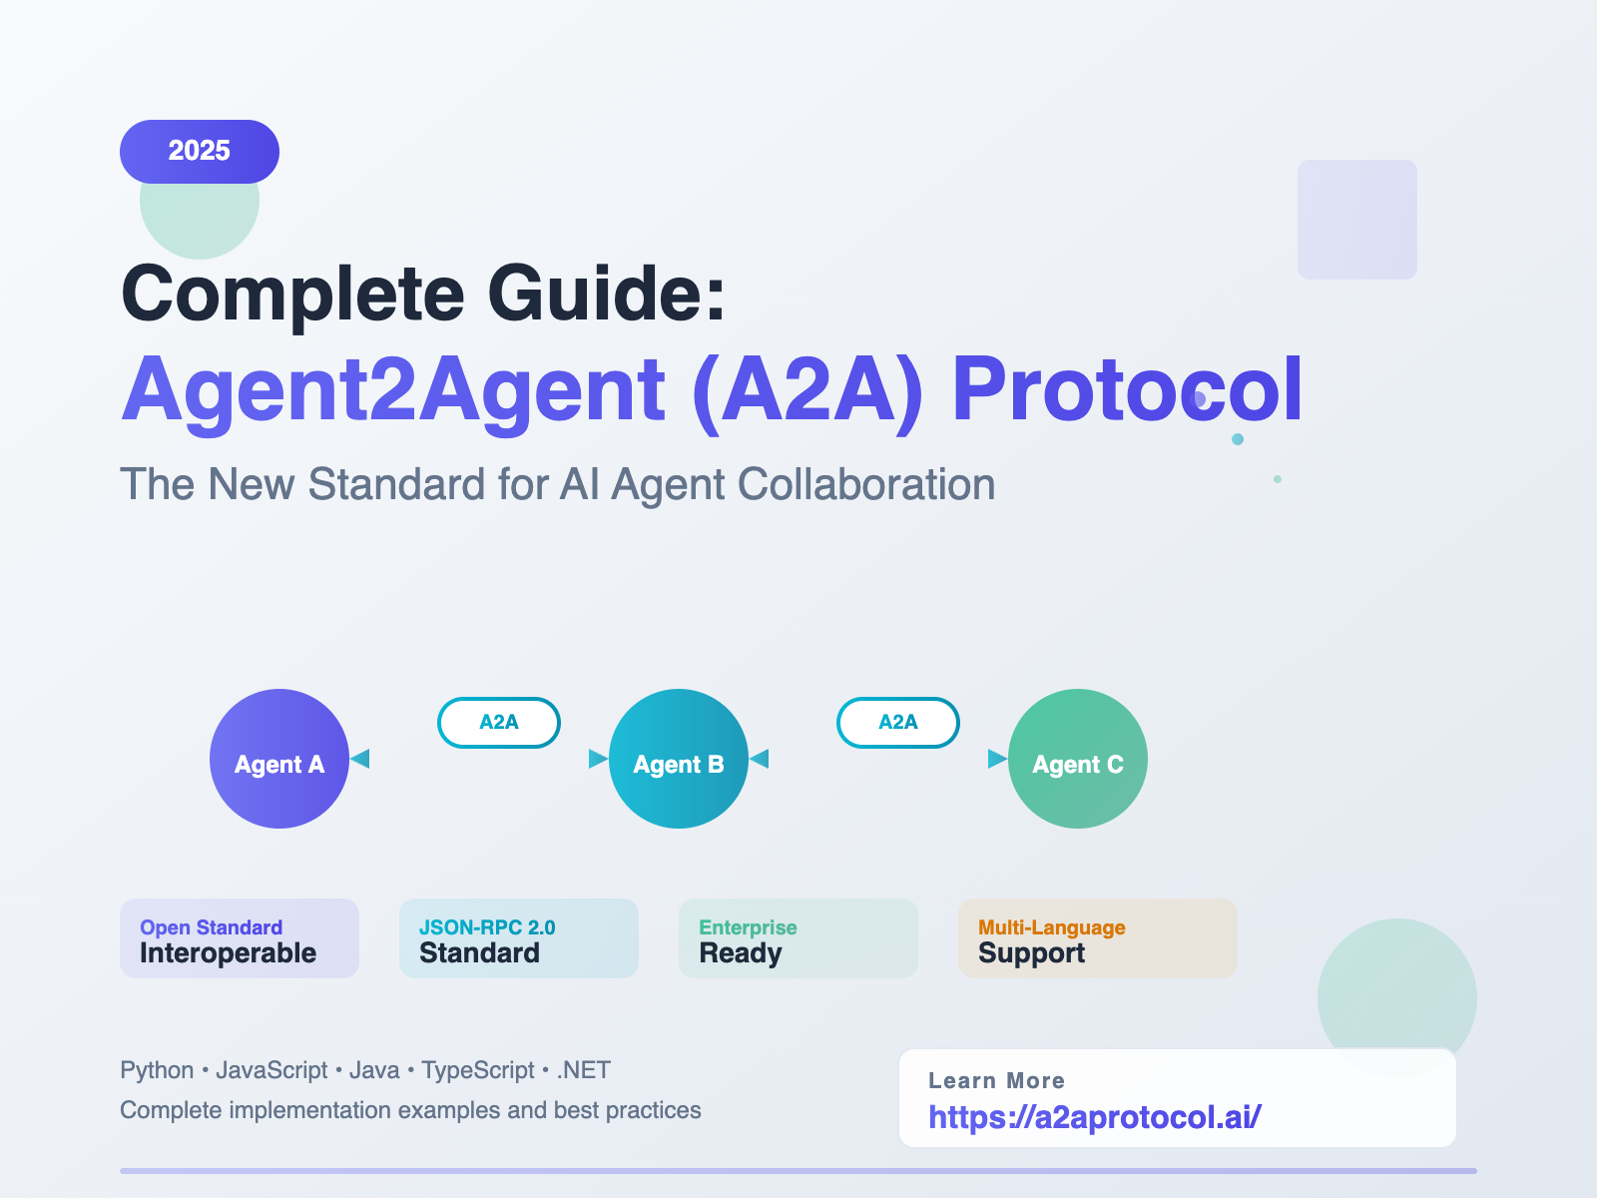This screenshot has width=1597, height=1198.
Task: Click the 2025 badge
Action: pyautogui.click(x=200, y=151)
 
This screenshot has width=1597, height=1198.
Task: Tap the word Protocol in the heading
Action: pyautogui.click(x=1127, y=390)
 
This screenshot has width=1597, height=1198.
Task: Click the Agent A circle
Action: pyautogui.click(x=279, y=759)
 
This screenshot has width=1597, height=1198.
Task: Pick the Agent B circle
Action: pyautogui.click(x=679, y=759)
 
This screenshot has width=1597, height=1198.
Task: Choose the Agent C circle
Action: pyautogui.click(x=1078, y=759)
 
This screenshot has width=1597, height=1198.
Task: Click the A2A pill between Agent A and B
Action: pyautogui.click(x=499, y=722)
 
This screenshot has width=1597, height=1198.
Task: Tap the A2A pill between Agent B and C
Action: pyautogui.click(x=898, y=722)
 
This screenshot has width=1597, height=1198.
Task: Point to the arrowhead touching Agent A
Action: pyautogui.click(x=360, y=759)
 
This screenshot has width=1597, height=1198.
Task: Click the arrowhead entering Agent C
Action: pyautogui.click(x=996, y=759)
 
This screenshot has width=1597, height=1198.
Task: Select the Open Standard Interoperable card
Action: pyautogui.click(x=240, y=938)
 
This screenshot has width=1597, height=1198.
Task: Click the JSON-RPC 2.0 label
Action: pyautogui.click(x=487, y=927)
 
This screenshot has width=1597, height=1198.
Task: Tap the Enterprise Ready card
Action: pyautogui.click(x=798, y=938)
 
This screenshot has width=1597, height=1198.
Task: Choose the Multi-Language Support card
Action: pyautogui.click(x=1098, y=938)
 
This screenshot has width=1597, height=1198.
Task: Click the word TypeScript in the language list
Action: pyautogui.click(x=478, y=1070)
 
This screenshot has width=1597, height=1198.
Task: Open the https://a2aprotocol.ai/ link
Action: pyautogui.click(x=1095, y=1116)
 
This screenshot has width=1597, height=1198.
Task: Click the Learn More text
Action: pyautogui.click(x=996, y=1080)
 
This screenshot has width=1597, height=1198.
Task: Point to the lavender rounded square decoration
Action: pyautogui.click(x=1357, y=220)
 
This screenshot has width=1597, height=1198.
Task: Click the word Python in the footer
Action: pyautogui.click(x=157, y=1070)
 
